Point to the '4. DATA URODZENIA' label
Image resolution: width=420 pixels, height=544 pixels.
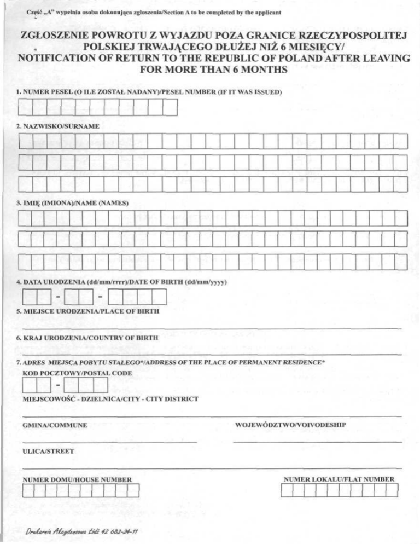[55, 282]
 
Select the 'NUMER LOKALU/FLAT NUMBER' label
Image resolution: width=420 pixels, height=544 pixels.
[339, 479]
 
